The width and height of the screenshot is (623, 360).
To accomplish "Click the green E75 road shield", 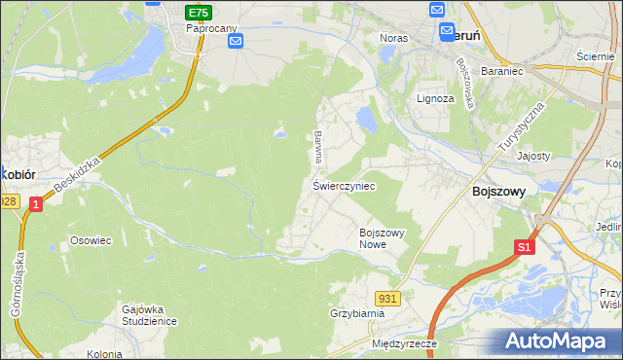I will pos(199,12).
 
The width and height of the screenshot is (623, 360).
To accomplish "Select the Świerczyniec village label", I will pos(344,184).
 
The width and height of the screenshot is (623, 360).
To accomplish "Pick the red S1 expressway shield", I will pos(524,247).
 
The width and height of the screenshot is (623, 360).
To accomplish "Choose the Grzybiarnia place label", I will pos(357,313).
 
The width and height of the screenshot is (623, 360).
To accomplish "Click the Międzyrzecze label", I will pos(405,344).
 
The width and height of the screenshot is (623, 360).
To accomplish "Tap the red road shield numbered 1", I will pos(36,203).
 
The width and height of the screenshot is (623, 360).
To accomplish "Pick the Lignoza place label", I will pos(435,98).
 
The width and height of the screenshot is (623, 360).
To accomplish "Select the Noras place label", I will pos(393,38).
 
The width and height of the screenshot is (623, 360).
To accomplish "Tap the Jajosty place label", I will pos(533,156).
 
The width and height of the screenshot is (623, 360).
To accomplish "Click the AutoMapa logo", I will pos(558,342).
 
